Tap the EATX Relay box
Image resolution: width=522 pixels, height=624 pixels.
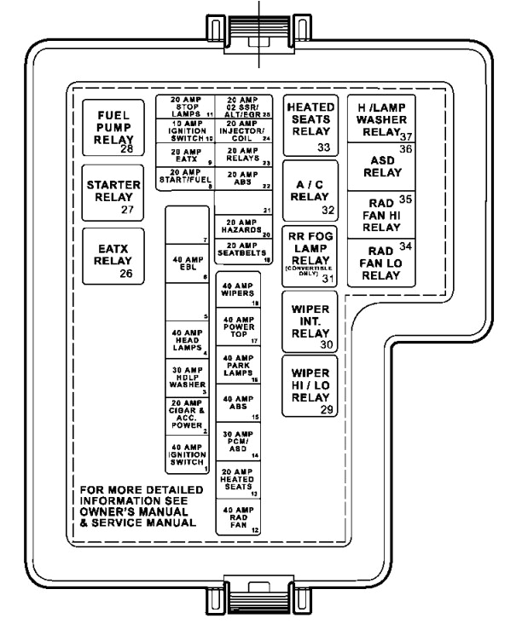pos(113,257)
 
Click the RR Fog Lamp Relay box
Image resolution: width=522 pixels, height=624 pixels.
pos(310,257)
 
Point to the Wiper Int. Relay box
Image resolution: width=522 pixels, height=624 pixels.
pos(310,321)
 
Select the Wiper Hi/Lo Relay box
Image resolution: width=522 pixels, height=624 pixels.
pos(310,386)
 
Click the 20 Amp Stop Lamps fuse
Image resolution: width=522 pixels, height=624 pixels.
pos(184,107)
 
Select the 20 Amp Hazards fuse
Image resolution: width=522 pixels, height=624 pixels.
pos(242,228)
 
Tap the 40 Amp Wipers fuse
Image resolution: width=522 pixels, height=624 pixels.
pos(242,292)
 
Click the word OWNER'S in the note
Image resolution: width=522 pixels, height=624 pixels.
pos(106,512)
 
